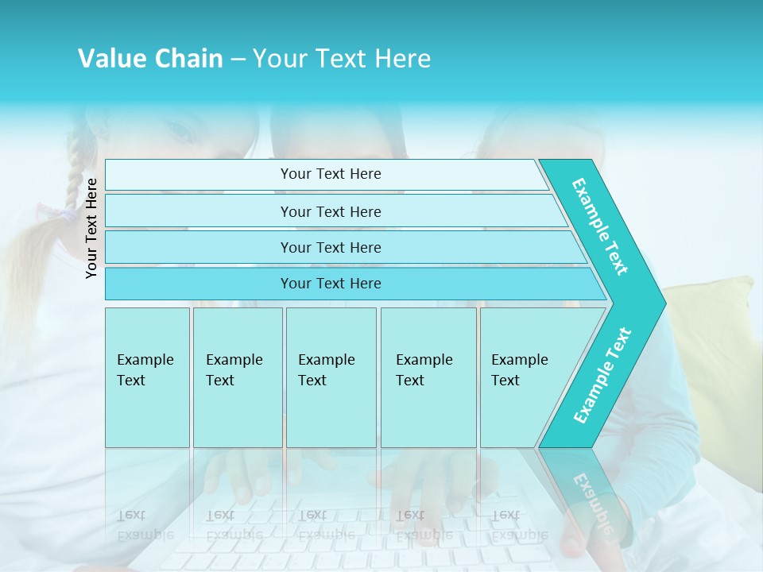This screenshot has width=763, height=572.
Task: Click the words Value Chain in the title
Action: coord(150,59)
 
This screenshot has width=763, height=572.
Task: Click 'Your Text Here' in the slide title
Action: coord(342,59)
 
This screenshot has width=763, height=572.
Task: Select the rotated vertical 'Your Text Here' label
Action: coord(91,228)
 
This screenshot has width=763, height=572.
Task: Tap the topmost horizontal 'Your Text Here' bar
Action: coord(331,174)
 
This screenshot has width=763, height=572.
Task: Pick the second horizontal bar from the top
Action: coord(331,211)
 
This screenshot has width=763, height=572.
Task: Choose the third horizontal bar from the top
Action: coord(331,247)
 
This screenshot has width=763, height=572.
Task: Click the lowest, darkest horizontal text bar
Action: coord(331,284)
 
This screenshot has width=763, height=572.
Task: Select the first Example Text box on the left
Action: coord(147,377)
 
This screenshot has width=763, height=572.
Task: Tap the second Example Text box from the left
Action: coord(237,377)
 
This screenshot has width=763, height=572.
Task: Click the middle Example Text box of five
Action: coord(331,377)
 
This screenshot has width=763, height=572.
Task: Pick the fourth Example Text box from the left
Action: coord(428,377)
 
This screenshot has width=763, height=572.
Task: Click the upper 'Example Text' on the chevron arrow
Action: coord(600,226)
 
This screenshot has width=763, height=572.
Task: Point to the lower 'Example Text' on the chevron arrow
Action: coord(602,375)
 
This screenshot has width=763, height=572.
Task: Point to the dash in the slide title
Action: coord(238,60)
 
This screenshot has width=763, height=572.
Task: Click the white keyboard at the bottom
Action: coord(358,540)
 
